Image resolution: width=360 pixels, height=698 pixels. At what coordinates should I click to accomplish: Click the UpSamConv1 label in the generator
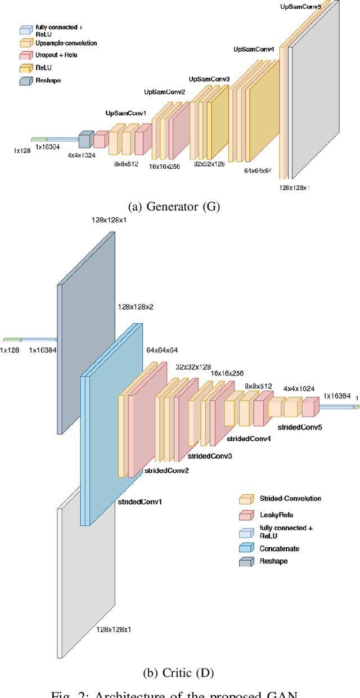pos(125,113)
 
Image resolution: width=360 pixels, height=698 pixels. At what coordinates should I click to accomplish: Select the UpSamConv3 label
pos(209,79)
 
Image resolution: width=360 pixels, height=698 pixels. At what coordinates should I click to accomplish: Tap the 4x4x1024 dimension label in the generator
pos(82,155)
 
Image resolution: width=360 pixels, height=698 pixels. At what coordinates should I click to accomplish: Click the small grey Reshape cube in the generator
pos(85,140)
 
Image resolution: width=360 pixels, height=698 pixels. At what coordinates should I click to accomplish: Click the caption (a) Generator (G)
pos(174,207)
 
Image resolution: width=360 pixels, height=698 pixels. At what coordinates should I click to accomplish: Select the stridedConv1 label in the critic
pos(140,501)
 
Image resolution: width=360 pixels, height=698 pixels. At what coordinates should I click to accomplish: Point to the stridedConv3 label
pos(209,455)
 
